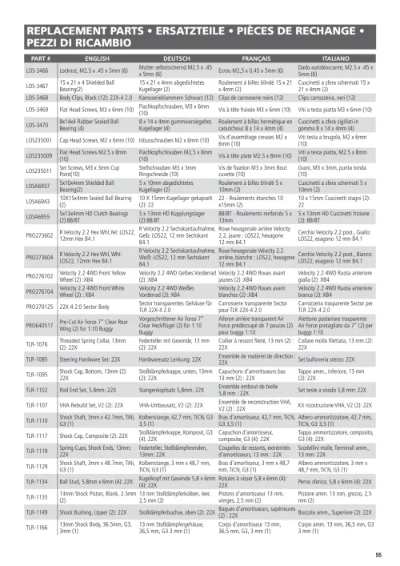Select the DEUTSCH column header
(177, 58)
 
